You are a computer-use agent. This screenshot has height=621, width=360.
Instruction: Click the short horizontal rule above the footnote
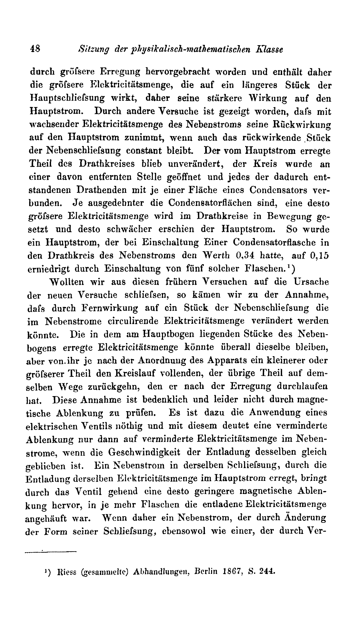tap(51, 553)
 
